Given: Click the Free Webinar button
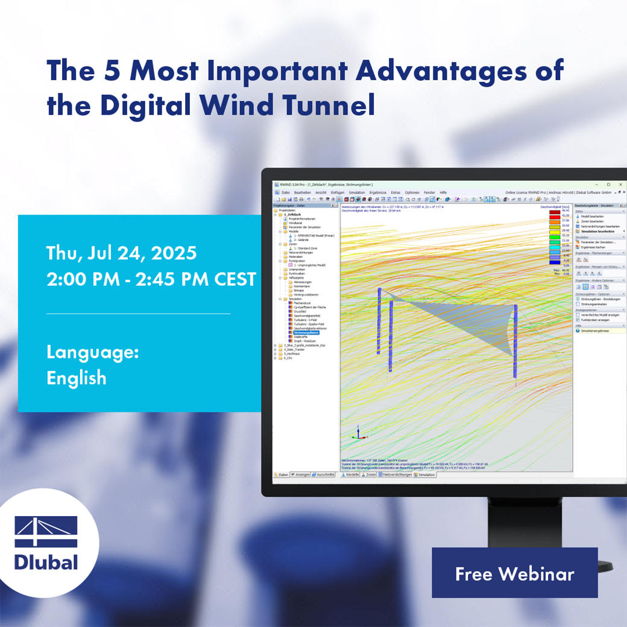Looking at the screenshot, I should click(514, 573).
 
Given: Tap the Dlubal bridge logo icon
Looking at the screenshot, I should click(46, 532).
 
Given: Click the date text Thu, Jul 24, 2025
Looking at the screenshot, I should click(121, 253).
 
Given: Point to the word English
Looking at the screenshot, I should click(77, 378).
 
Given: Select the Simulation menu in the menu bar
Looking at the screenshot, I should click(356, 192).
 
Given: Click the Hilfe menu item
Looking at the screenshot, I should click(443, 192).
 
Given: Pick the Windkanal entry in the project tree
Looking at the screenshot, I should click(295, 222).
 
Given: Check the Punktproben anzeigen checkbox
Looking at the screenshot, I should click(578, 320).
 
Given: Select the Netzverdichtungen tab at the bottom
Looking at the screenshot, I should click(397, 474).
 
